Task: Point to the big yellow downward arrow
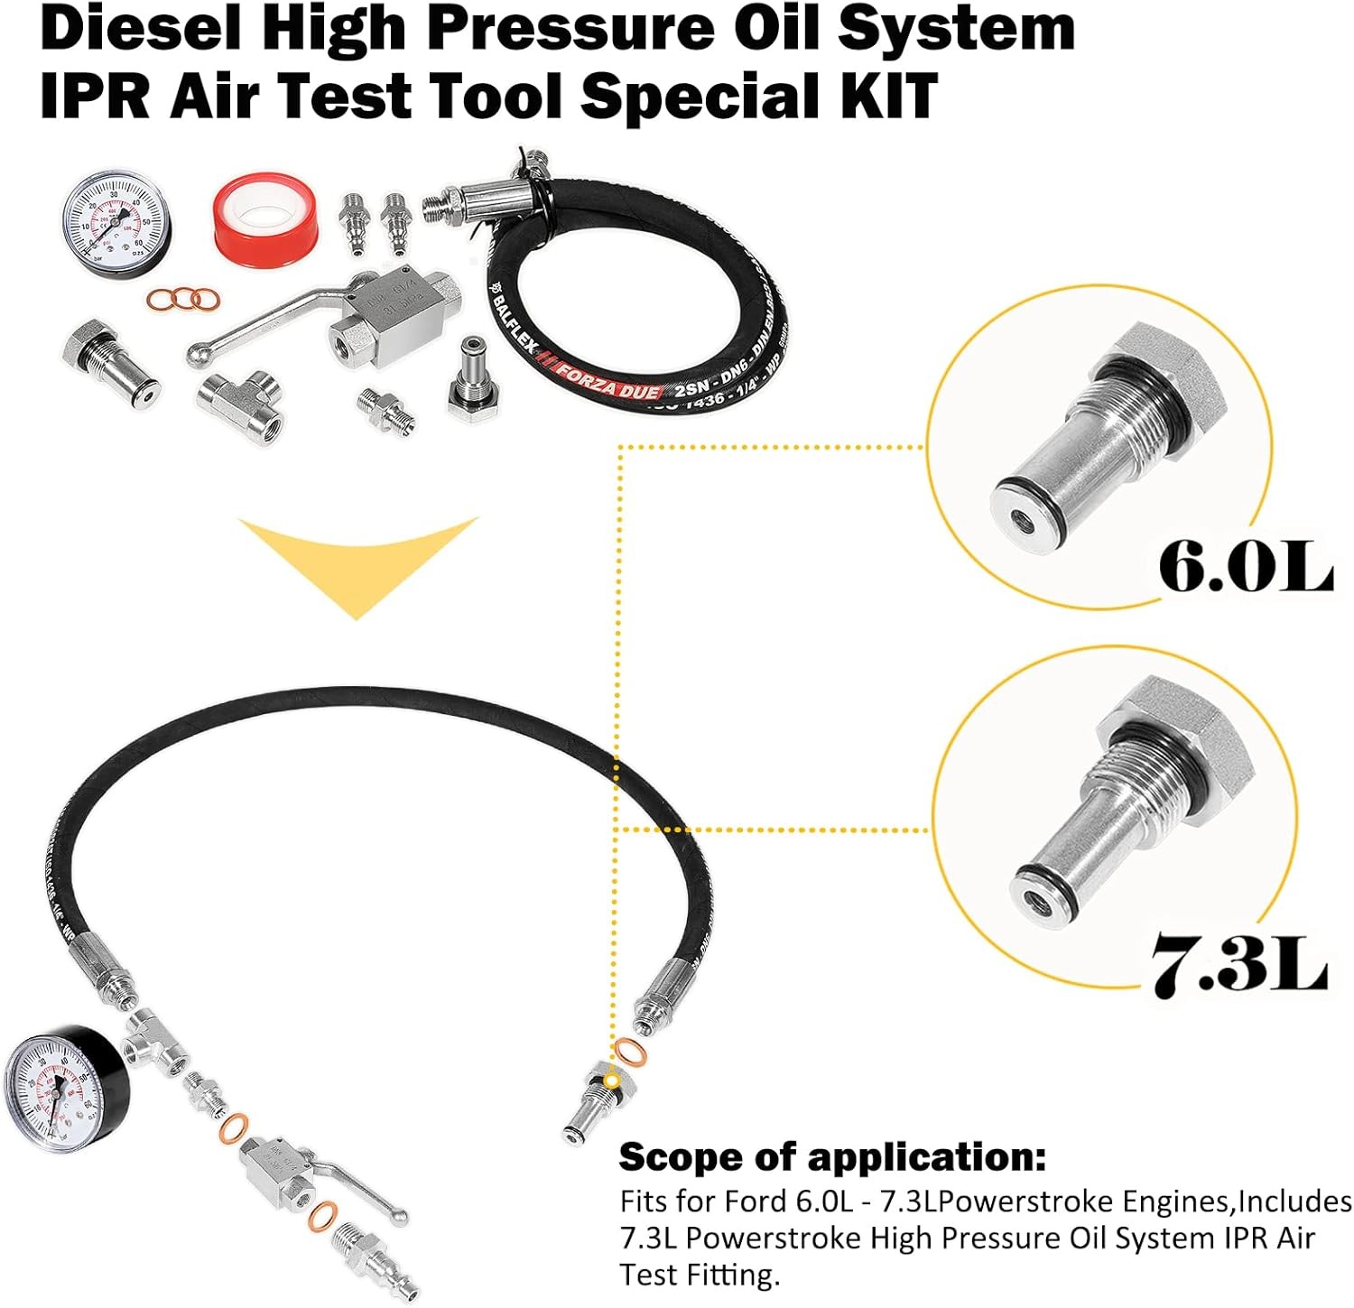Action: pos(358,564)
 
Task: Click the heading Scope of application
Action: pos(832,1156)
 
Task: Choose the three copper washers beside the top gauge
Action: pos(183,298)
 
